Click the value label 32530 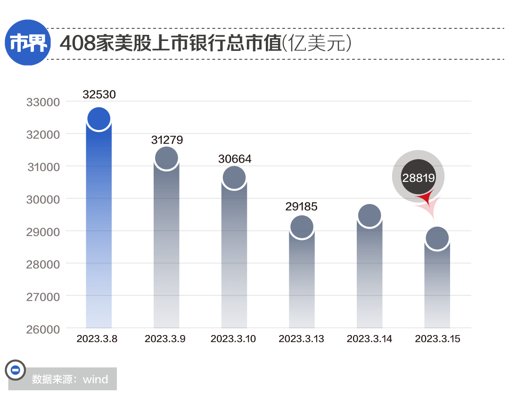point(99,95)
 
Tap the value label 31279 point(167,140)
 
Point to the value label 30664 point(235,159)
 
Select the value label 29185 point(302,207)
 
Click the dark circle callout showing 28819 point(418,177)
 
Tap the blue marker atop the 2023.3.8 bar point(99,119)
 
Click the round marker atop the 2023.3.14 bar point(369,216)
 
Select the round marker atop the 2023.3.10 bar point(234,178)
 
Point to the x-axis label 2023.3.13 point(302,339)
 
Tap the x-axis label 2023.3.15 point(437,339)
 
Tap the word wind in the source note point(95,379)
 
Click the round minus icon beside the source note point(15,370)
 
